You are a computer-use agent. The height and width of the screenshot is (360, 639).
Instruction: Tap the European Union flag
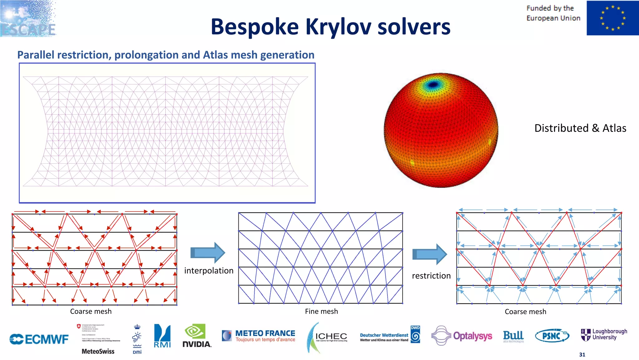tap(612, 18)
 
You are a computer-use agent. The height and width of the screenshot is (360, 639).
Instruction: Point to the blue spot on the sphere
tap(433, 85)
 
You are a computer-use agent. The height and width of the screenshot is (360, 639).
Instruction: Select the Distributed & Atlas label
tap(580, 128)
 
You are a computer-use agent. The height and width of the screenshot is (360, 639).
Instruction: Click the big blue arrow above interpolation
tap(207, 252)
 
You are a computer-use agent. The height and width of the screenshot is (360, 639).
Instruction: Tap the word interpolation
tap(208, 271)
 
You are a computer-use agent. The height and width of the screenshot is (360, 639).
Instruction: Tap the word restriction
tap(431, 276)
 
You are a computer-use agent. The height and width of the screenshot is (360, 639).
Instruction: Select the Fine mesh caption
tap(321, 311)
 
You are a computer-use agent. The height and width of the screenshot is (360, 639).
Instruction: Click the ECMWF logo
tap(39, 339)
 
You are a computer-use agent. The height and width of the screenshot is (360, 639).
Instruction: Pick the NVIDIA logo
tap(197, 336)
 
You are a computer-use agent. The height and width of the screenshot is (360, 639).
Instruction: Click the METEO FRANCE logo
tap(259, 336)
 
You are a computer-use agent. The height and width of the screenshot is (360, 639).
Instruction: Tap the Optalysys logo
tap(462, 336)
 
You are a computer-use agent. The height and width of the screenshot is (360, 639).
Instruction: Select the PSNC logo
tap(552, 336)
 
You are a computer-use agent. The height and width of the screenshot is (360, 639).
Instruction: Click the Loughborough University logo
tap(604, 335)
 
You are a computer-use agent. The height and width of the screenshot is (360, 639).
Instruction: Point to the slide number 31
tap(582, 355)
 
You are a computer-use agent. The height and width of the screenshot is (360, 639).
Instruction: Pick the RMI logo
tap(162, 336)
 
